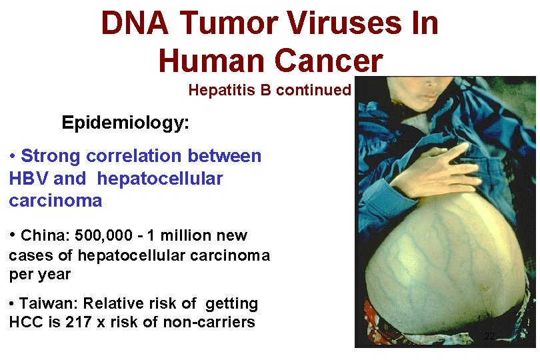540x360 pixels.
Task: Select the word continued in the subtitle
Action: tap(313, 90)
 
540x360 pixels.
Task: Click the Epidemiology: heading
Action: tap(125, 123)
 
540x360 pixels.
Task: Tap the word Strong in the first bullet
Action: tap(50, 157)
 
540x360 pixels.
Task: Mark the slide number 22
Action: tap(489, 337)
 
